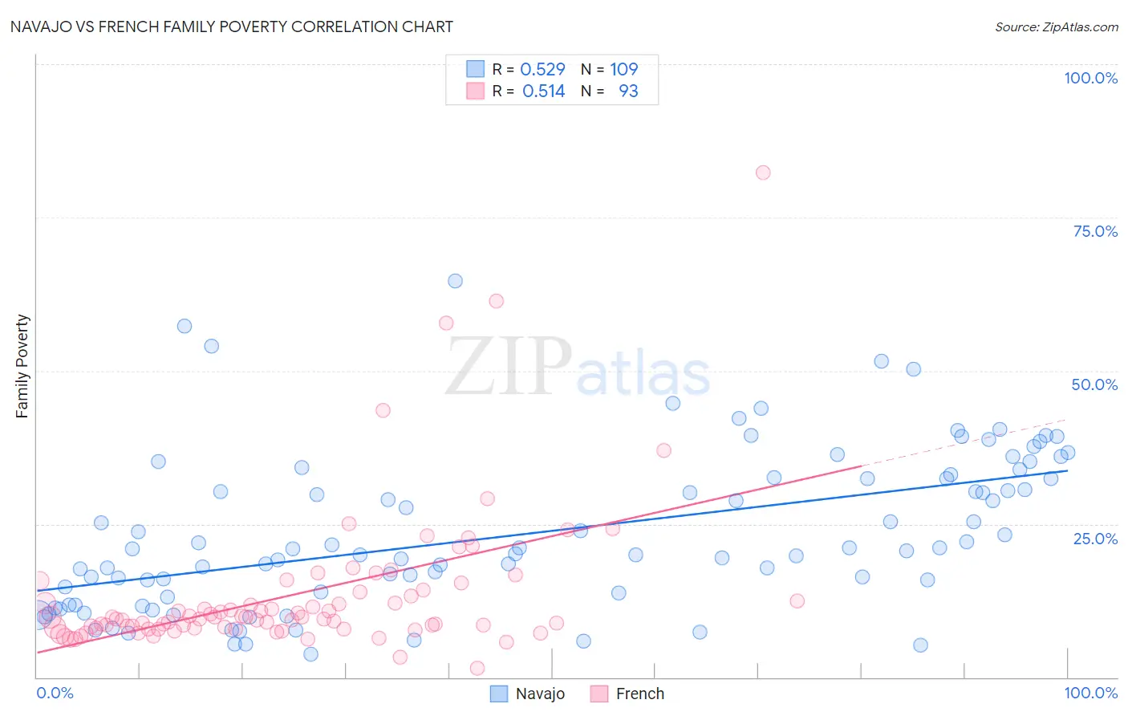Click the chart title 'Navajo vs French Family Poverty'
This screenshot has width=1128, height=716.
point(231,26)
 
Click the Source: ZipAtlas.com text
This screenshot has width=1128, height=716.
point(1056,26)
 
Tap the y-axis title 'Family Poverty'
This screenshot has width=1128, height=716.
point(22,366)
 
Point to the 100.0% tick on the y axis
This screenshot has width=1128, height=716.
point(1090,78)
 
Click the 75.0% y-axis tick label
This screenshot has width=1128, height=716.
point(1095,231)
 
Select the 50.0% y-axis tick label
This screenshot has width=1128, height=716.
point(1094,384)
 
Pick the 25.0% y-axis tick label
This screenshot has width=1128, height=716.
point(1095,538)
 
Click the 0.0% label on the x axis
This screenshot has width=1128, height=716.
point(55,693)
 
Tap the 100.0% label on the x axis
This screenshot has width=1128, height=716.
point(1090,693)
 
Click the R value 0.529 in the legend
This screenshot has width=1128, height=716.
point(542,69)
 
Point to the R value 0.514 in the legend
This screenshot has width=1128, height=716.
point(543,91)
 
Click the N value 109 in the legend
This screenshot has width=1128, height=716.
point(623,69)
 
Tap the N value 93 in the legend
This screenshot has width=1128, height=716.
point(628,91)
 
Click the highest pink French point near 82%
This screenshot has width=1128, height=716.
point(763,173)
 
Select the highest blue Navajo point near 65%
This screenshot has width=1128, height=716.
point(455,281)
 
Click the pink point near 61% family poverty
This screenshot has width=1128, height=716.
point(496,301)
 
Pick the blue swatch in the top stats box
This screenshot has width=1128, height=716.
point(476,69)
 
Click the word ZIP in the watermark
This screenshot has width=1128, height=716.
point(509,368)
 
